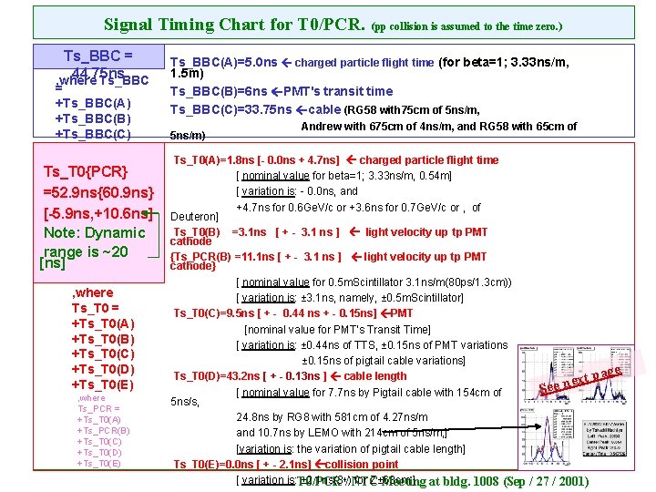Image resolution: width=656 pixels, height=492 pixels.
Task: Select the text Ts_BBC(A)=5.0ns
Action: (222, 63)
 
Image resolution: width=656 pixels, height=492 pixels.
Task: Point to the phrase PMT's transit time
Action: (338, 91)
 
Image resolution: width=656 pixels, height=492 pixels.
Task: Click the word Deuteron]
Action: (195, 217)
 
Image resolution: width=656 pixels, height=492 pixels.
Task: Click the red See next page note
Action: (580, 381)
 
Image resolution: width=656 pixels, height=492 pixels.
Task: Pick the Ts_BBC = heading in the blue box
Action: (97, 56)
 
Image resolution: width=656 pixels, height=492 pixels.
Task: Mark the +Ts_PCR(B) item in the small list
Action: (103, 430)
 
